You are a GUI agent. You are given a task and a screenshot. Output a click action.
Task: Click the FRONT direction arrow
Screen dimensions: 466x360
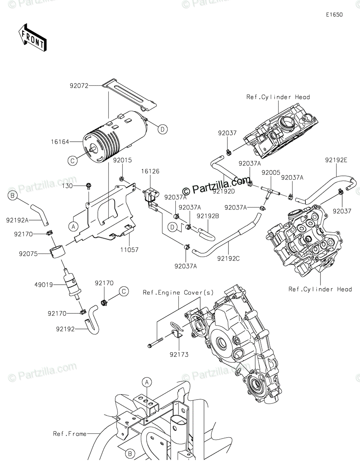coord(32,37)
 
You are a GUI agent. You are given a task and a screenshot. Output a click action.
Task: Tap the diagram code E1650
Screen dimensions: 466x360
coord(334,15)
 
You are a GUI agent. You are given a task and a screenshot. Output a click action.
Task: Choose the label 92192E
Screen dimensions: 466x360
coord(336,170)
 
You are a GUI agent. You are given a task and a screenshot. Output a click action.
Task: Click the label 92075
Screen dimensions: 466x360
coord(28,254)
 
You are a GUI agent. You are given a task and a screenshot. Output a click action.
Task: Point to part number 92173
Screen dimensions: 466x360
coord(178,354)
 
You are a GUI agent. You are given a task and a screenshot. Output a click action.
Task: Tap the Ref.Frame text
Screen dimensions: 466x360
coord(70,434)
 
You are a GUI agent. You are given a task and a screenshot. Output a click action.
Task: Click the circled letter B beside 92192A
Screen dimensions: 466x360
coord(13,196)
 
